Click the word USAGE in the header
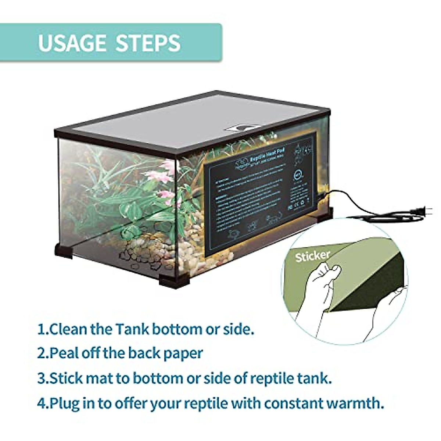[72, 43]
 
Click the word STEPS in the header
[148, 43]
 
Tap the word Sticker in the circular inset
[312, 256]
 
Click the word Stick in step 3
[65, 378]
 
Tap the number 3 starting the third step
[42, 378]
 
